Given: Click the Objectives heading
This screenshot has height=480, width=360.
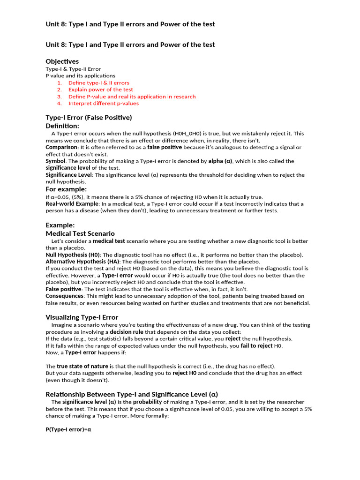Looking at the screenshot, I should click(x=62, y=61).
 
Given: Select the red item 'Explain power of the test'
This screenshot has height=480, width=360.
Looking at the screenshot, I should click(x=100, y=90).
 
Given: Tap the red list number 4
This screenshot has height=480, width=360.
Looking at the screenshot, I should click(x=60, y=104).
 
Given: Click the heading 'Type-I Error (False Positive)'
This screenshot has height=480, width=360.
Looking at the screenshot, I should click(x=89, y=117).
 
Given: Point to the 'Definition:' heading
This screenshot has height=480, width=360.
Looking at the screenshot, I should click(x=62, y=126).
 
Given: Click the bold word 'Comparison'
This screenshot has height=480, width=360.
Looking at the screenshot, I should click(x=61, y=147).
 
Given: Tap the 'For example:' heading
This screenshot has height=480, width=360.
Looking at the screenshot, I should click(x=66, y=189).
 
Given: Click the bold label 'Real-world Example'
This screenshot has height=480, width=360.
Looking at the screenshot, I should click(x=72, y=204).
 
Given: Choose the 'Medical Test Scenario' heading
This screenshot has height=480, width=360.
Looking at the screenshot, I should click(x=80, y=233).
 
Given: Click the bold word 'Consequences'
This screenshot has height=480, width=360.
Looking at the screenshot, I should click(x=65, y=296).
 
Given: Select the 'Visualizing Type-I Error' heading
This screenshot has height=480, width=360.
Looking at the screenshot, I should click(x=82, y=317).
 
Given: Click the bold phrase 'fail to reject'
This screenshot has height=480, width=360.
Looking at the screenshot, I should click(x=256, y=345).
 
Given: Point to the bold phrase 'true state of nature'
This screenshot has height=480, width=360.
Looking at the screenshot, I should click(x=82, y=366).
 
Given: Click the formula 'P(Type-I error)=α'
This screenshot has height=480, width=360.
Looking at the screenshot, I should click(x=68, y=429).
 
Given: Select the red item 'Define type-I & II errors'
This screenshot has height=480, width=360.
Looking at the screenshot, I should click(x=99, y=82).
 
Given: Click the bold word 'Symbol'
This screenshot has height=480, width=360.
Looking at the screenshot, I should click(x=55, y=161).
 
